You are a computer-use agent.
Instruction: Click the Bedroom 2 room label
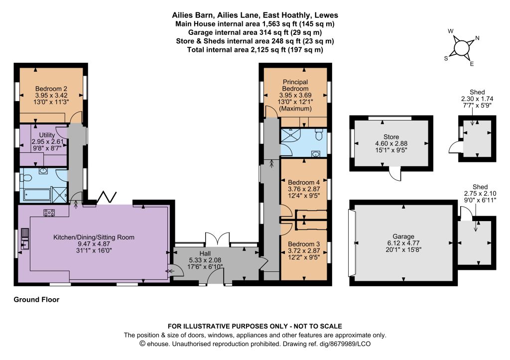[x=51, y=89]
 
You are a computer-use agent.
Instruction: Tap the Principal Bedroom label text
[x=295, y=85]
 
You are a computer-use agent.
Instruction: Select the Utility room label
[x=47, y=134]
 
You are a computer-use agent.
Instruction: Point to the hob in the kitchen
[x=49, y=213]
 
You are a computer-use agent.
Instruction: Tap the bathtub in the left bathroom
[x=36, y=195]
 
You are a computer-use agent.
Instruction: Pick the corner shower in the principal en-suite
[x=289, y=136]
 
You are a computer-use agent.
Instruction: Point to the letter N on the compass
[x=477, y=38]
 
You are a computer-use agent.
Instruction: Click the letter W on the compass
[x=450, y=31]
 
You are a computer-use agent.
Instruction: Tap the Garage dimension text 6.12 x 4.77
[x=403, y=243]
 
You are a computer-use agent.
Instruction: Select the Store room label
[x=391, y=137]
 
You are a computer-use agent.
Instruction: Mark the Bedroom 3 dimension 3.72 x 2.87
[x=304, y=250]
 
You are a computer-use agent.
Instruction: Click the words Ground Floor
[x=36, y=300]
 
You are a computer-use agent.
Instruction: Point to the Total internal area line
[x=255, y=50]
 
